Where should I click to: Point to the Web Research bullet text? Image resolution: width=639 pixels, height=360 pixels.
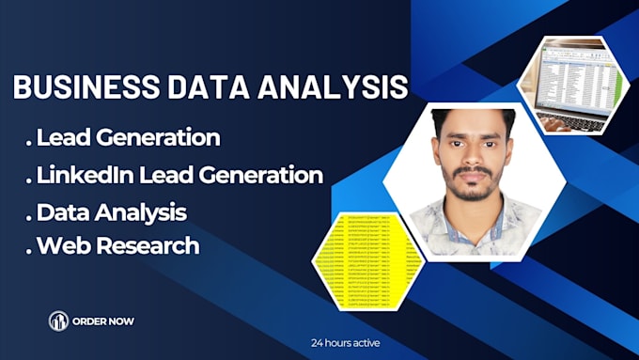[x=117, y=245]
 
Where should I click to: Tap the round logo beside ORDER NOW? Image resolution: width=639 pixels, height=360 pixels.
[x=59, y=321]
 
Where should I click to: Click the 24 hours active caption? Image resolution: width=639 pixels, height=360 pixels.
[x=346, y=343]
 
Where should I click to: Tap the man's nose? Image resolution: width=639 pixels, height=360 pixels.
[x=471, y=162]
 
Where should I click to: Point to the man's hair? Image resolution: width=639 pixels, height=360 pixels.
[x=473, y=121]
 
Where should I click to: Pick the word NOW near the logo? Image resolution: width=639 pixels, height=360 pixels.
[x=121, y=321]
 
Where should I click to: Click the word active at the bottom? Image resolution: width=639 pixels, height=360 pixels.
[x=365, y=343]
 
